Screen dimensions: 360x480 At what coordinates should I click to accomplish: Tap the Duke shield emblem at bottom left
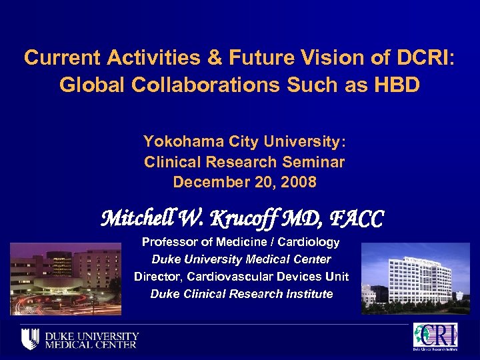tap(29, 339)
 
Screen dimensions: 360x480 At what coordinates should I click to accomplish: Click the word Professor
tap(169, 242)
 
